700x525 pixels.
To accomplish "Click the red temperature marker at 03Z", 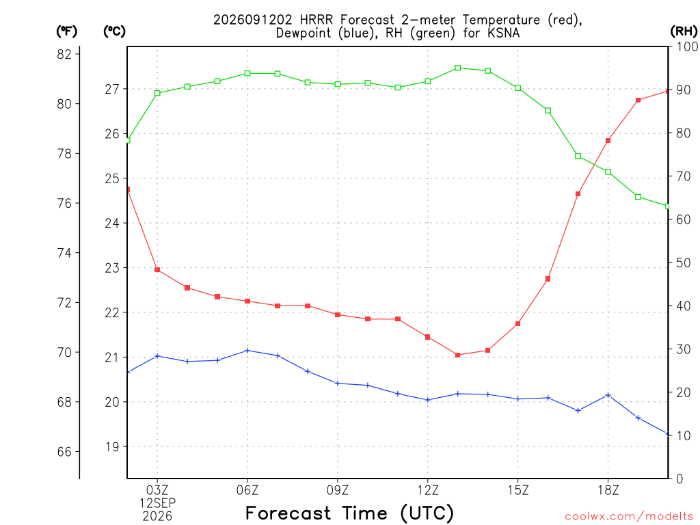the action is pyautogui.click(x=157, y=269).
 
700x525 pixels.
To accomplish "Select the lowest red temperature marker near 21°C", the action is pyautogui.click(x=457, y=355).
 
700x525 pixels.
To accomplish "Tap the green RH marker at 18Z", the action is pyautogui.click(x=608, y=172).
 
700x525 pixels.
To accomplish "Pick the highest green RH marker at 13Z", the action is pyautogui.click(x=457, y=68).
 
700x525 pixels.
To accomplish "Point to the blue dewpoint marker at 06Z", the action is pyautogui.click(x=247, y=351).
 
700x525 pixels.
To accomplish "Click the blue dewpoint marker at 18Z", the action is pyautogui.click(x=608, y=395).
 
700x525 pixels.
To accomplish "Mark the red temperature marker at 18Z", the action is pyautogui.click(x=608, y=140).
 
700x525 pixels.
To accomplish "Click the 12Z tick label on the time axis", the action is pyautogui.click(x=428, y=490).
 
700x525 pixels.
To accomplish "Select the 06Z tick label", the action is pyautogui.click(x=247, y=490).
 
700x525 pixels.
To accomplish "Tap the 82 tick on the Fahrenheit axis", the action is pyautogui.click(x=64, y=54).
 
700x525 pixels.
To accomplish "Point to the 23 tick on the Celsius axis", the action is pyautogui.click(x=112, y=268).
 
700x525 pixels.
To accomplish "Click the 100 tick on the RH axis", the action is pyautogui.click(x=688, y=46).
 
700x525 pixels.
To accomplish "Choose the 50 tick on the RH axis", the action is pyautogui.click(x=683, y=263).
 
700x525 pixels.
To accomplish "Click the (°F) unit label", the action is pyautogui.click(x=66, y=31).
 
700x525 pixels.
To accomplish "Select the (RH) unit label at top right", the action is pyautogui.click(x=684, y=31).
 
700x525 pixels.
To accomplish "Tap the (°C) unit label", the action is pyautogui.click(x=114, y=31).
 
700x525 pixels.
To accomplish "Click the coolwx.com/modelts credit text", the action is pyautogui.click(x=629, y=516).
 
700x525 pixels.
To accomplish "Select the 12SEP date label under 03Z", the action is pyautogui.click(x=157, y=503).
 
